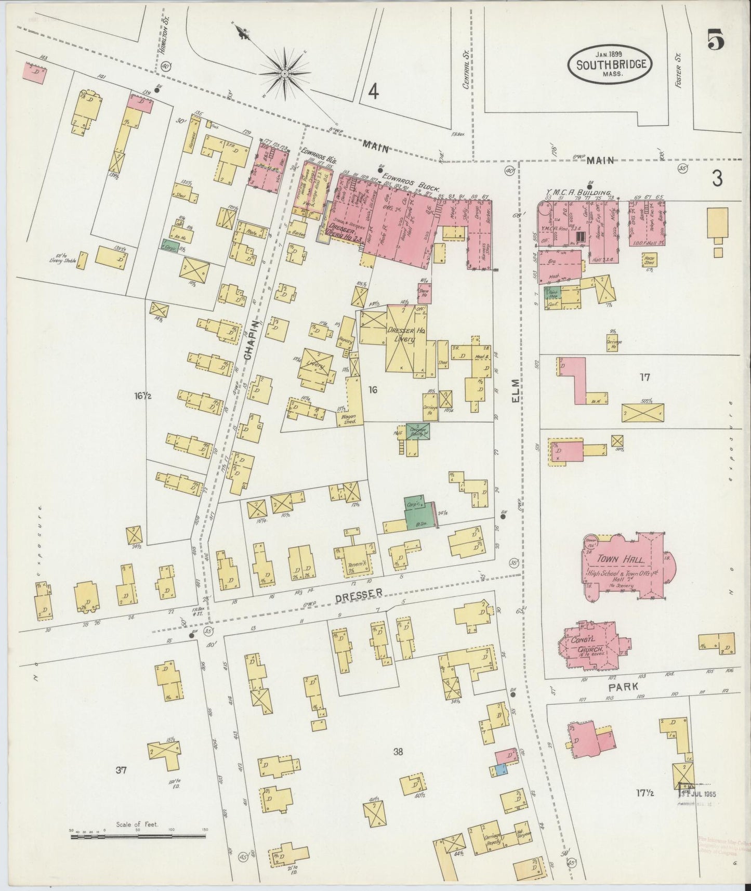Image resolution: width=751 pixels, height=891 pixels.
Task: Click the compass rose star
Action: [285, 74]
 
